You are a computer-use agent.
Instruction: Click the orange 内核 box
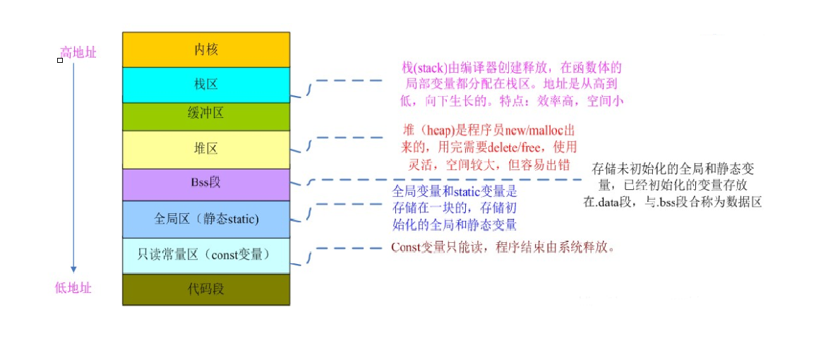206,49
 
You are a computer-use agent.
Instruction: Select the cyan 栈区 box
206,85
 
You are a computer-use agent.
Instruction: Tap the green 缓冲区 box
206,113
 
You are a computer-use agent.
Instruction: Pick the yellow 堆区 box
206,149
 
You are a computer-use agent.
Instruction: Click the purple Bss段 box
206,183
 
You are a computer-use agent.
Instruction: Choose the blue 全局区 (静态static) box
206,219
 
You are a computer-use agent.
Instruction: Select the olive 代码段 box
206,289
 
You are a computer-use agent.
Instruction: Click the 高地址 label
78,52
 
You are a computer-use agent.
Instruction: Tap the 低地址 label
73,288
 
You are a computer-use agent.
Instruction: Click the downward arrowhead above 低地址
73,269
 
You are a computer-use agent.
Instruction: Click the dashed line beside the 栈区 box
349,80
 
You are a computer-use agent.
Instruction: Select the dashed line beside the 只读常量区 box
349,248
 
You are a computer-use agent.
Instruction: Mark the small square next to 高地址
60,61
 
